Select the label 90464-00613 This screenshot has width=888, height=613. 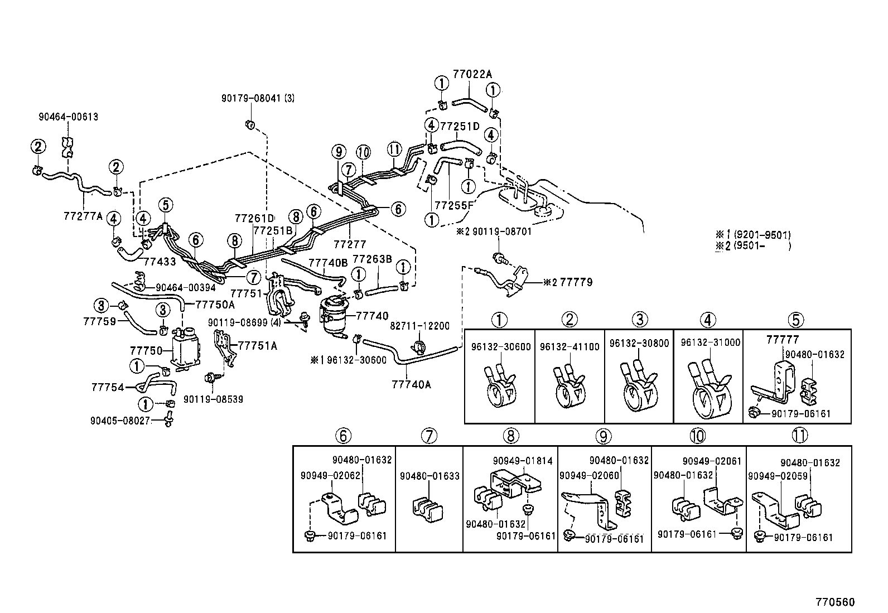click(x=69, y=117)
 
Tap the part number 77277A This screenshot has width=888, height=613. click(x=83, y=216)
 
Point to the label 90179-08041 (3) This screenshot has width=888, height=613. click(x=258, y=99)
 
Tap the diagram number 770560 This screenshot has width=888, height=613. click(x=834, y=602)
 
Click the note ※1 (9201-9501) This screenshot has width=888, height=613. click(x=754, y=235)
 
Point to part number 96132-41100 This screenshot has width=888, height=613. click(x=570, y=346)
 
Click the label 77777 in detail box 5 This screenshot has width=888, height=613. click(x=783, y=339)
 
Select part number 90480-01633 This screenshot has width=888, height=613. click(x=429, y=476)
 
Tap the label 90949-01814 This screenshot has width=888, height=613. click(x=523, y=461)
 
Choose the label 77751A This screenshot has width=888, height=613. click(x=258, y=346)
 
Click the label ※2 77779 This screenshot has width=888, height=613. click(x=568, y=283)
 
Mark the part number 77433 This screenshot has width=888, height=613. click(x=160, y=261)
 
